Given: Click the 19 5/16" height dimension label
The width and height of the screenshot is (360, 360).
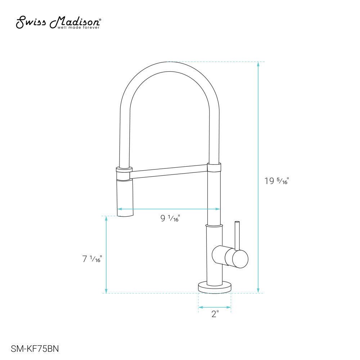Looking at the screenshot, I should coord(277,181).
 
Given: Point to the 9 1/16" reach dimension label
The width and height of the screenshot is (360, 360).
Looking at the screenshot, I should coord(170,218).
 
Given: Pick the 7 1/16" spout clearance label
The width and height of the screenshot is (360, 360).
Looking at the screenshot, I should coord(92,258).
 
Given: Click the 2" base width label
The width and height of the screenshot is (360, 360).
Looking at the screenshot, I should coord(215,314).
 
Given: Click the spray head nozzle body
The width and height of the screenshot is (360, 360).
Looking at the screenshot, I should coord(125,198).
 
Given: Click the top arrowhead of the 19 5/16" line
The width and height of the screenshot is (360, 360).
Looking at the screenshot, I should coord(258,64).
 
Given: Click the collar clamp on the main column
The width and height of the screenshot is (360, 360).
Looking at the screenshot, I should coord(214,167).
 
